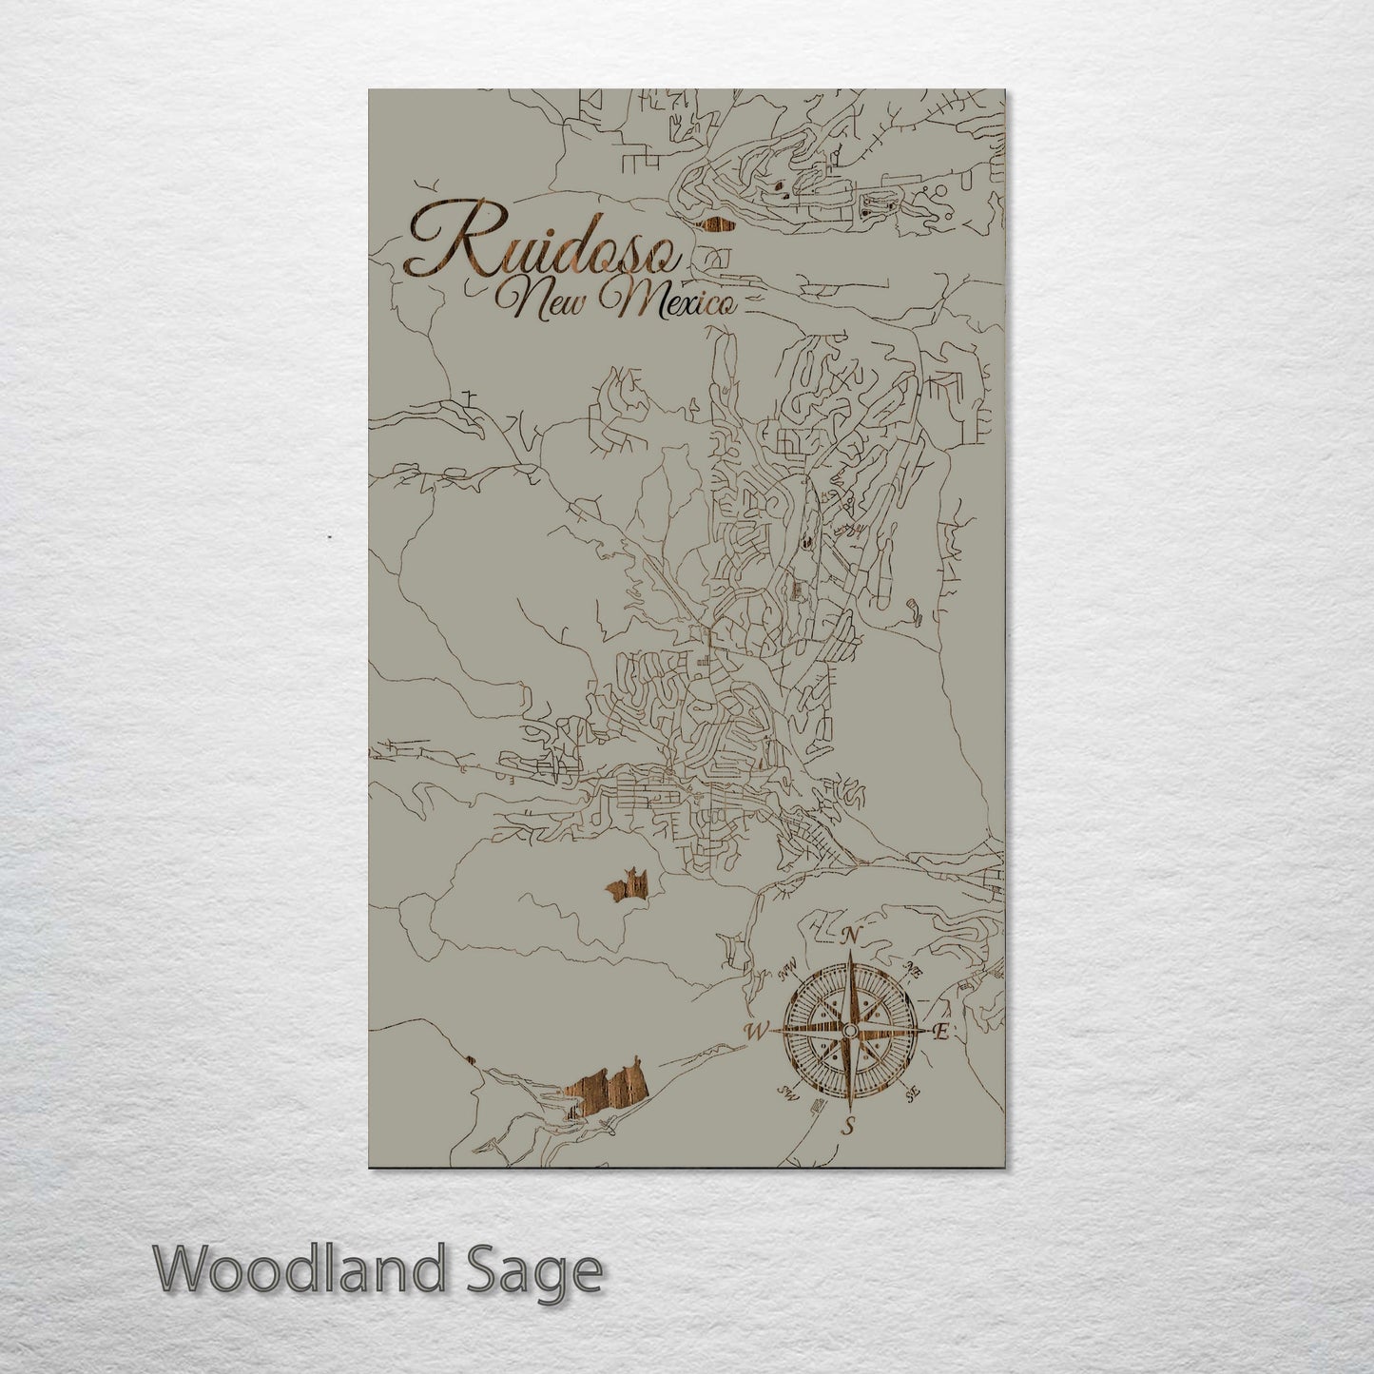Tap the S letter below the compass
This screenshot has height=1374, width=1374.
(x=850, y=1128)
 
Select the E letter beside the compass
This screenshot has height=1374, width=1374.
(x=940, y=1034)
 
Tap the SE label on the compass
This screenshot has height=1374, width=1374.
(x=914, y=1095)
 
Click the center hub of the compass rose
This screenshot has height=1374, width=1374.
(x=850, y=1032)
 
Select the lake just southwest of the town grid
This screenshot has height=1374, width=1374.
(x=628, y=886)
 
